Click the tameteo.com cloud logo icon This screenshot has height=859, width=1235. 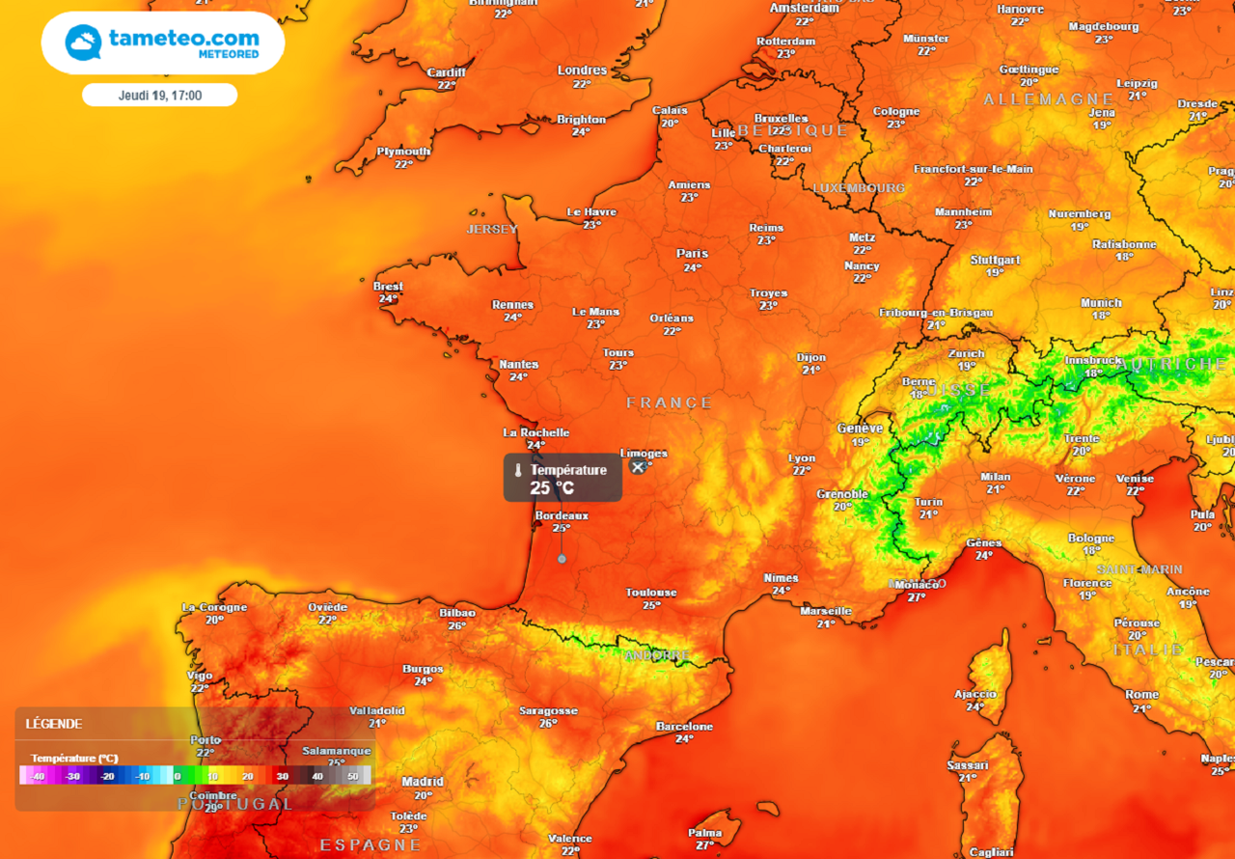[x=83, y=42]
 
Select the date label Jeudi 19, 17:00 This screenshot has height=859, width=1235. [x=159, y=95]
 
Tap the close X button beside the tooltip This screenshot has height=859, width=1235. [x=637, y=466]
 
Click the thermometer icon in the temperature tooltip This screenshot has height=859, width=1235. [x=518, y=471]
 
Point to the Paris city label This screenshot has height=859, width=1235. [x=692, y=254]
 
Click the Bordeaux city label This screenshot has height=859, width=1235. [x=562, y=515]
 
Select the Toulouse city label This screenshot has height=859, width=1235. [x=651, y=593]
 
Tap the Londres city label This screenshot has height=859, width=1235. [x=582, y=70]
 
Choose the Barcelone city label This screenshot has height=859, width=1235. [x=684, y=727]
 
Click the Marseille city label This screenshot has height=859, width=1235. [x=826, y=611]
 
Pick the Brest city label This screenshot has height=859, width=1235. [x=388, y=287]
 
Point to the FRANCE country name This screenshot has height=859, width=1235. [x=669, y=402]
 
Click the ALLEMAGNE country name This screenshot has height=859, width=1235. [x=1049, y=99]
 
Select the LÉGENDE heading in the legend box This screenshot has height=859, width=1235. [x=54, y=724]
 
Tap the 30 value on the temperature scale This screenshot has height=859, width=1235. [x=283, y=776]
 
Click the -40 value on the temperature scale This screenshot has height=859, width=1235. [x=37, y=776]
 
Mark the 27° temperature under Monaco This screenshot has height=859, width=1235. [x=917, y=597]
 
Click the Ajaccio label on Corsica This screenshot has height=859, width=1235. [x=974, y=694]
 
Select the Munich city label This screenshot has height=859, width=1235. [x=1101, y=303]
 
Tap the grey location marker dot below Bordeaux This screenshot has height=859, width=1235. [x=562, y=558]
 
